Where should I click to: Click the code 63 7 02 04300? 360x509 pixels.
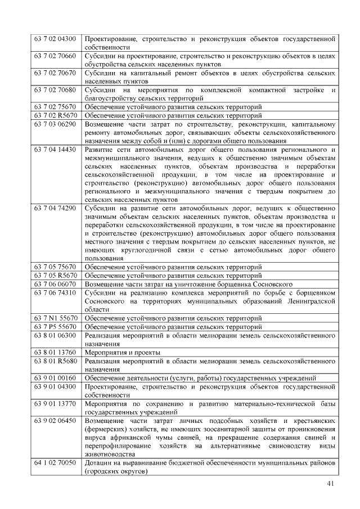click(55, 39)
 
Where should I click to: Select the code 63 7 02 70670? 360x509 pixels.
click(55, 73)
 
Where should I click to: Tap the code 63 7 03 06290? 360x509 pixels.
click(55, 124)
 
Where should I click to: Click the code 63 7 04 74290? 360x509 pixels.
click(55, 208)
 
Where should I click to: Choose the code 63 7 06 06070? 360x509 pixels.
click(55, 284)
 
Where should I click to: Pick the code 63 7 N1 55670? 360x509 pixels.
click(55, 318)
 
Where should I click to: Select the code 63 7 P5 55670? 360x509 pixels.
click(55, 326)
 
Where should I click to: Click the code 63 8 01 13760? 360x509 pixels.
click(55, 352)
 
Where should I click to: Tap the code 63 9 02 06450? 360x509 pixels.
click(55, 420)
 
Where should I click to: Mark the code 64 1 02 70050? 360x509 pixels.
click(55, 462)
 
